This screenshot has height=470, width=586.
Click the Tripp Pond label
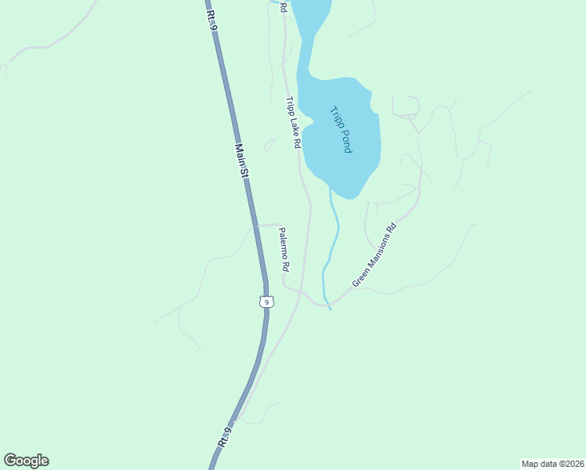point(341,129)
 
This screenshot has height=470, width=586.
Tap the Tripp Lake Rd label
point(292,123)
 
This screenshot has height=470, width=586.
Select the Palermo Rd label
point(284,249)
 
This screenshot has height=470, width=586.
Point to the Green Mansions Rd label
point(374,255)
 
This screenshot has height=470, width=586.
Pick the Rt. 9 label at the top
point(210,16)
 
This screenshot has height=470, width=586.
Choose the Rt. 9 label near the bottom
point(224,437)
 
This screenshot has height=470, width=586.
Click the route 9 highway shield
point(266,302)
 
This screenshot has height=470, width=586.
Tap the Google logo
point(26,461)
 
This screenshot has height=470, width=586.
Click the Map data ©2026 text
point(552,464)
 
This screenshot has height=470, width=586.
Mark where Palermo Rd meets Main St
point(255,226)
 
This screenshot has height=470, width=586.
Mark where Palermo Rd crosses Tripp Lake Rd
point(302,291)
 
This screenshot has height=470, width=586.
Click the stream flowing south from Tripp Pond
point(336,231)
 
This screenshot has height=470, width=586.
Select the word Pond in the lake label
point(345,140)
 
